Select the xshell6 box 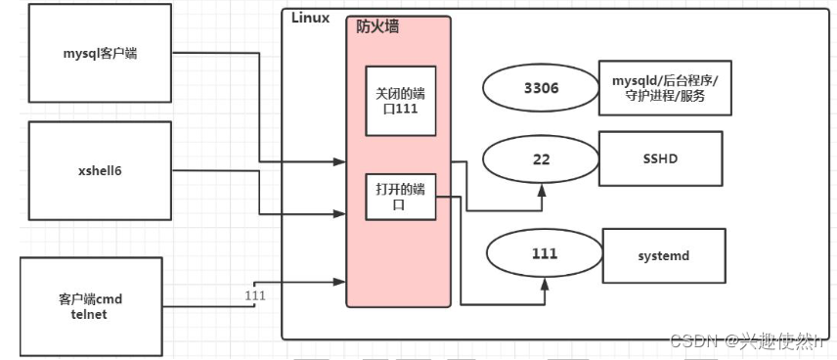pyautogui.click(x=101, y=170)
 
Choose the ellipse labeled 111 pyautogui.click(x=544, y=253)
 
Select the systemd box pyautogui.click(x=664, y=253)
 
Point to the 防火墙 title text pyautogui.click(x=377, y=26)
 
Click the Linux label pyautogui.click(x=310, y=18)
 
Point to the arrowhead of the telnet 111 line pyautogui.click(x=342, y=281)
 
